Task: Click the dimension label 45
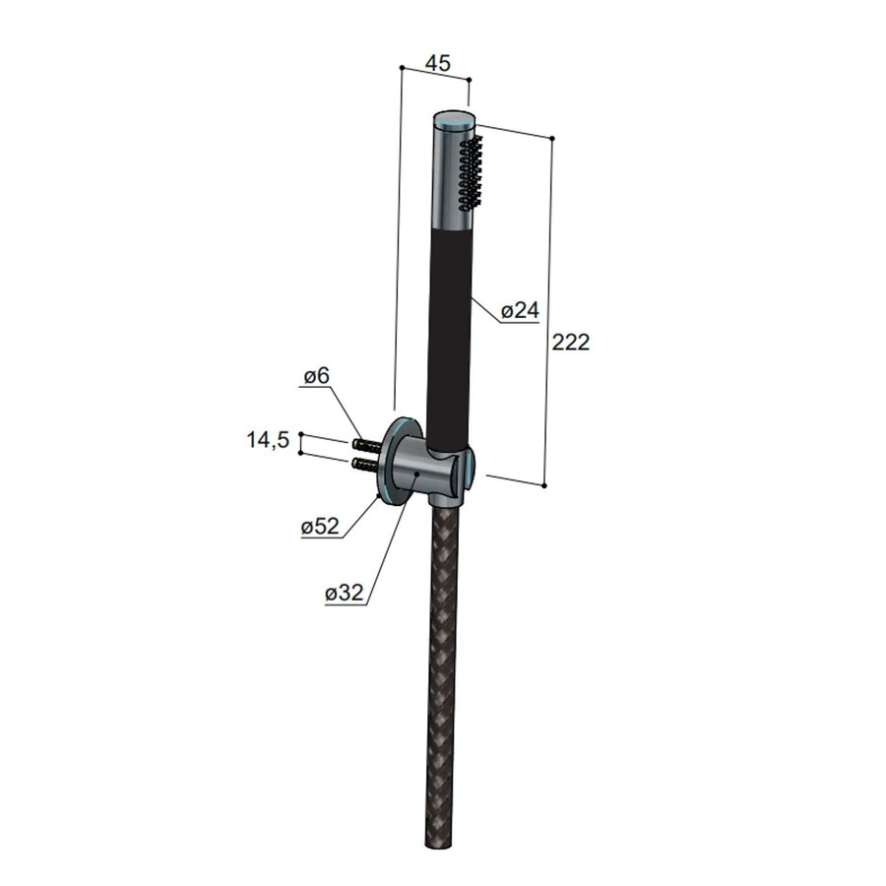point(437,63)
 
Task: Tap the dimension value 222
point(571,343)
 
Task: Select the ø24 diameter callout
point(520,311)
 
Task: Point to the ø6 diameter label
point(315,377)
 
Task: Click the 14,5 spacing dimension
point(268,440)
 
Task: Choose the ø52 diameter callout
point(320,527)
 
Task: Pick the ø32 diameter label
point(345,594)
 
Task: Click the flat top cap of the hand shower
point(455,118)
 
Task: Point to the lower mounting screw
point(363,462)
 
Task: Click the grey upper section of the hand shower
point(448,177)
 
